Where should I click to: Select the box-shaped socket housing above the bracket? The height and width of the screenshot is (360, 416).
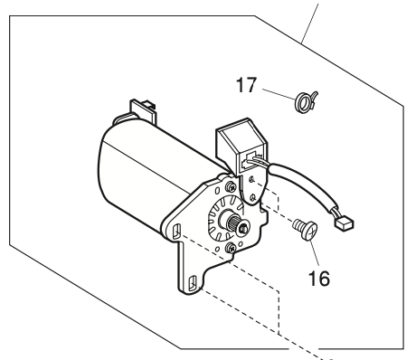[x=237, y=146]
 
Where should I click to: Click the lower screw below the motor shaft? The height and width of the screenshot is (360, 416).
[x=234, y=247]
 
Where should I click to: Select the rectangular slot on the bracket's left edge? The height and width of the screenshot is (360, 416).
[x=172, y=232]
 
